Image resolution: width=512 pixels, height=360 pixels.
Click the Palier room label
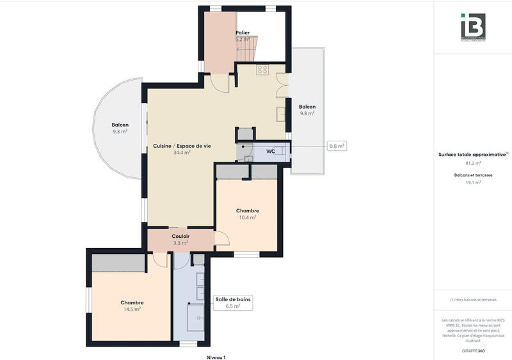click(x=243, y=32)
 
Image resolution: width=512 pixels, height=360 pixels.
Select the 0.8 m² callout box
click(x=337, y=146)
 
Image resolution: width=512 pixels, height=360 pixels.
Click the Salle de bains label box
click(x=233, y=302)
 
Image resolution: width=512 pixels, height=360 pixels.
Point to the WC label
click(x=271, y=152)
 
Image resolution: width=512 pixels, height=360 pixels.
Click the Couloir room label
click(x=180, y=237)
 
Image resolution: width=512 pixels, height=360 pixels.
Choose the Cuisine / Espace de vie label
click(x=182, y=146)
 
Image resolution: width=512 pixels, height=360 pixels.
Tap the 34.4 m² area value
click(x=182, y=153)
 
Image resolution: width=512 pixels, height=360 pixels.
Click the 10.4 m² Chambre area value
click(x=247, y=217)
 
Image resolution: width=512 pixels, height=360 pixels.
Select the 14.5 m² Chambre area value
click(x=132, y=309)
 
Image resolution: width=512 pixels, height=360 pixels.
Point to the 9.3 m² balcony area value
click(x=120, y=132)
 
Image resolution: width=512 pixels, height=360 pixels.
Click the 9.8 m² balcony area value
click(x=307, y=114)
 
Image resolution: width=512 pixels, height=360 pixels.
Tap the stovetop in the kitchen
click(x=262, y=69)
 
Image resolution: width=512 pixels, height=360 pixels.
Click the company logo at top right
click(x=473, y=27)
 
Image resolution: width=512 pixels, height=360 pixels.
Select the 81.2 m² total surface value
click(x=473, y=163)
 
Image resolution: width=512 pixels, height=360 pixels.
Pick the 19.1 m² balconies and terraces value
click(x=473, y=182)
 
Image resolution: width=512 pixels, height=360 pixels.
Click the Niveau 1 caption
click(x=216, y=357)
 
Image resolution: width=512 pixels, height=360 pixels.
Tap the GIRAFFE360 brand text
click(x=472, y=351)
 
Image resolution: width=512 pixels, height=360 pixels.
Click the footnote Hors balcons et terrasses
click(x=473, y=300)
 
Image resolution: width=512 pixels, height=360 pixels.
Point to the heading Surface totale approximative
click(x=473, y=154)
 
